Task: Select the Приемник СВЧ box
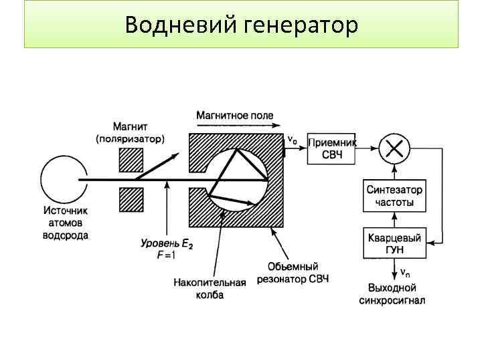coord(331,148)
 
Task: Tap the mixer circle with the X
coord(395,148)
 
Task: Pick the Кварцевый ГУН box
coord(395,244)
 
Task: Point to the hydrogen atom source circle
coord(60,178)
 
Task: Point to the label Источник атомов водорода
coord(65,223)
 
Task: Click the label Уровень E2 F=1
coord(167,250)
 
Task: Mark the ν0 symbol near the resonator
coord(293,140)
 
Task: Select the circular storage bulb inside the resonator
coord(238,178)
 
